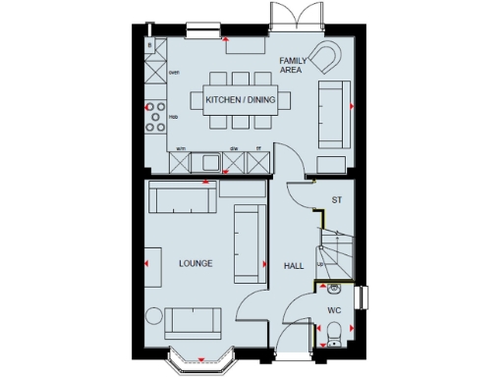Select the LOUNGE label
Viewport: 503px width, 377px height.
pos(196,264)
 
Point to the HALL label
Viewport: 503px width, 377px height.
pos(293,266)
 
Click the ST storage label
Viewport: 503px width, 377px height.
pos(336,200)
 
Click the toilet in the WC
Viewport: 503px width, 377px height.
pos(334,334)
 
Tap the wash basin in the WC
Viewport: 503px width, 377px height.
pos(334,289)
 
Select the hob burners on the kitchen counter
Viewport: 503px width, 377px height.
pos(155,117)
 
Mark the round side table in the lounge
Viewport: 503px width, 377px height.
pos(152,317)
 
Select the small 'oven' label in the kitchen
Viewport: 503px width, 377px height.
pos(174,72)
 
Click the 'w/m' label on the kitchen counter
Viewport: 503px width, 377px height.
pos(180,148)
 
